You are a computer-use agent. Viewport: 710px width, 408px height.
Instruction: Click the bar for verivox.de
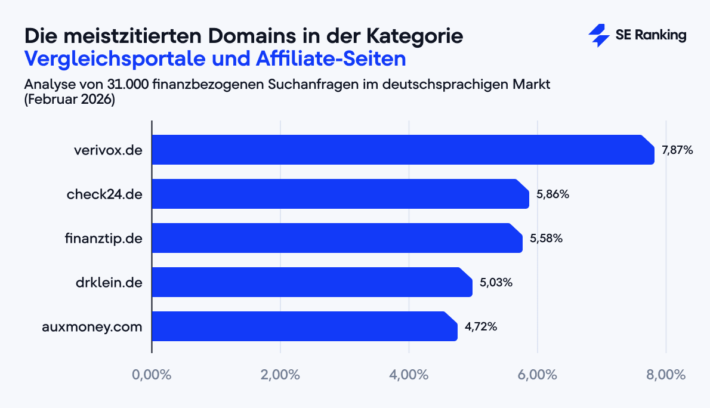tap(403, 150)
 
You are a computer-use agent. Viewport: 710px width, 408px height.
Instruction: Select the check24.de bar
tap(340, 194)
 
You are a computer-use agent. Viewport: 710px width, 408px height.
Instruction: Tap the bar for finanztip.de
tap(337, 238)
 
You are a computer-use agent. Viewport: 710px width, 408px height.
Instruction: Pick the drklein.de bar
tap(312, 282)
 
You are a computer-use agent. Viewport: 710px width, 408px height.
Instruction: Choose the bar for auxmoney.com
tap(304, 326)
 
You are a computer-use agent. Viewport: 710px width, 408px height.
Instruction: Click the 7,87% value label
tap(677, 150)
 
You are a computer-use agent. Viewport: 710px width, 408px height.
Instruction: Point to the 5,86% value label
tap(552, 194)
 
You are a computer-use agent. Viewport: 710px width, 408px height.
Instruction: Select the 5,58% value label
tap(546, 239)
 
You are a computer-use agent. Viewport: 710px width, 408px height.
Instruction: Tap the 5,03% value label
tap(496, 283)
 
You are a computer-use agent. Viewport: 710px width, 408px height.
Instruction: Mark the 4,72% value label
tap(481, 327)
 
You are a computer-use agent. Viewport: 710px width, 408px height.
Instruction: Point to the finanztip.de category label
tap(103, 239)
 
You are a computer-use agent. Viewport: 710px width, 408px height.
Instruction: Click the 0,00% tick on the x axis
tap(152, 375)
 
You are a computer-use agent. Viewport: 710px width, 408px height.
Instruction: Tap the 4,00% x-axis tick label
tap(409, 375)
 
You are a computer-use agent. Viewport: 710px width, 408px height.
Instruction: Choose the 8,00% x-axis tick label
tap(666, 375)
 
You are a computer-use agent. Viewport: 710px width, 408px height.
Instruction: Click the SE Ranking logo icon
tap(598, 36)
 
